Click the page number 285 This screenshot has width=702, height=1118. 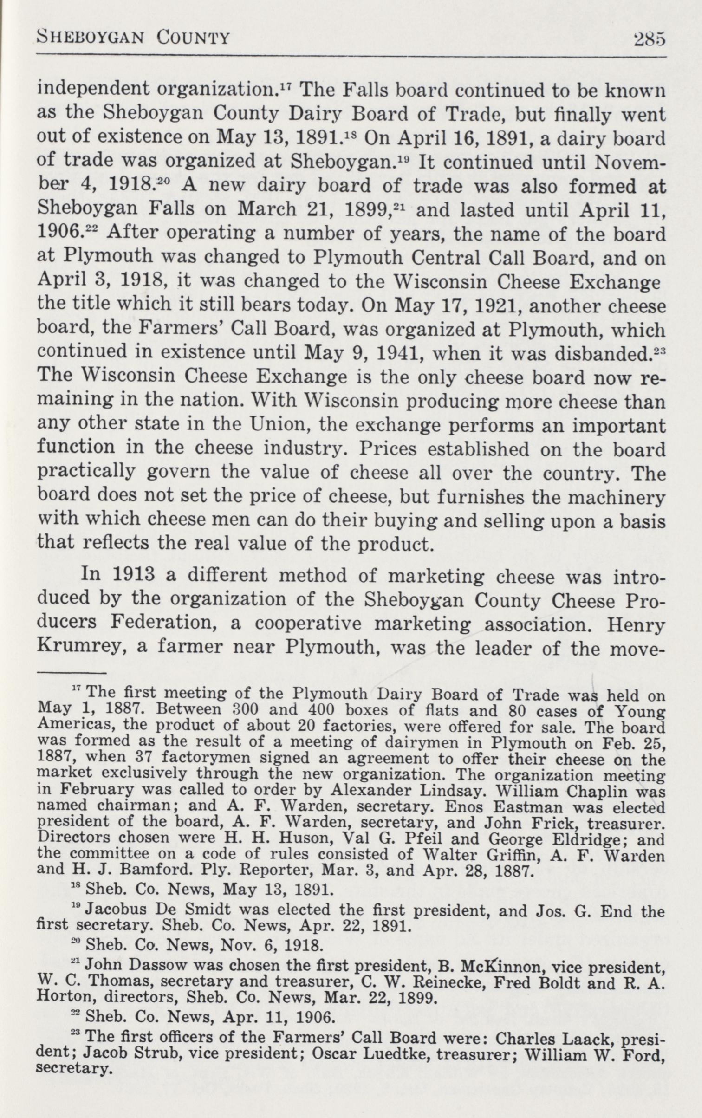(x=650, y=39)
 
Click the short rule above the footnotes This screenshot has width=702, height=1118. (x=71, y=673)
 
